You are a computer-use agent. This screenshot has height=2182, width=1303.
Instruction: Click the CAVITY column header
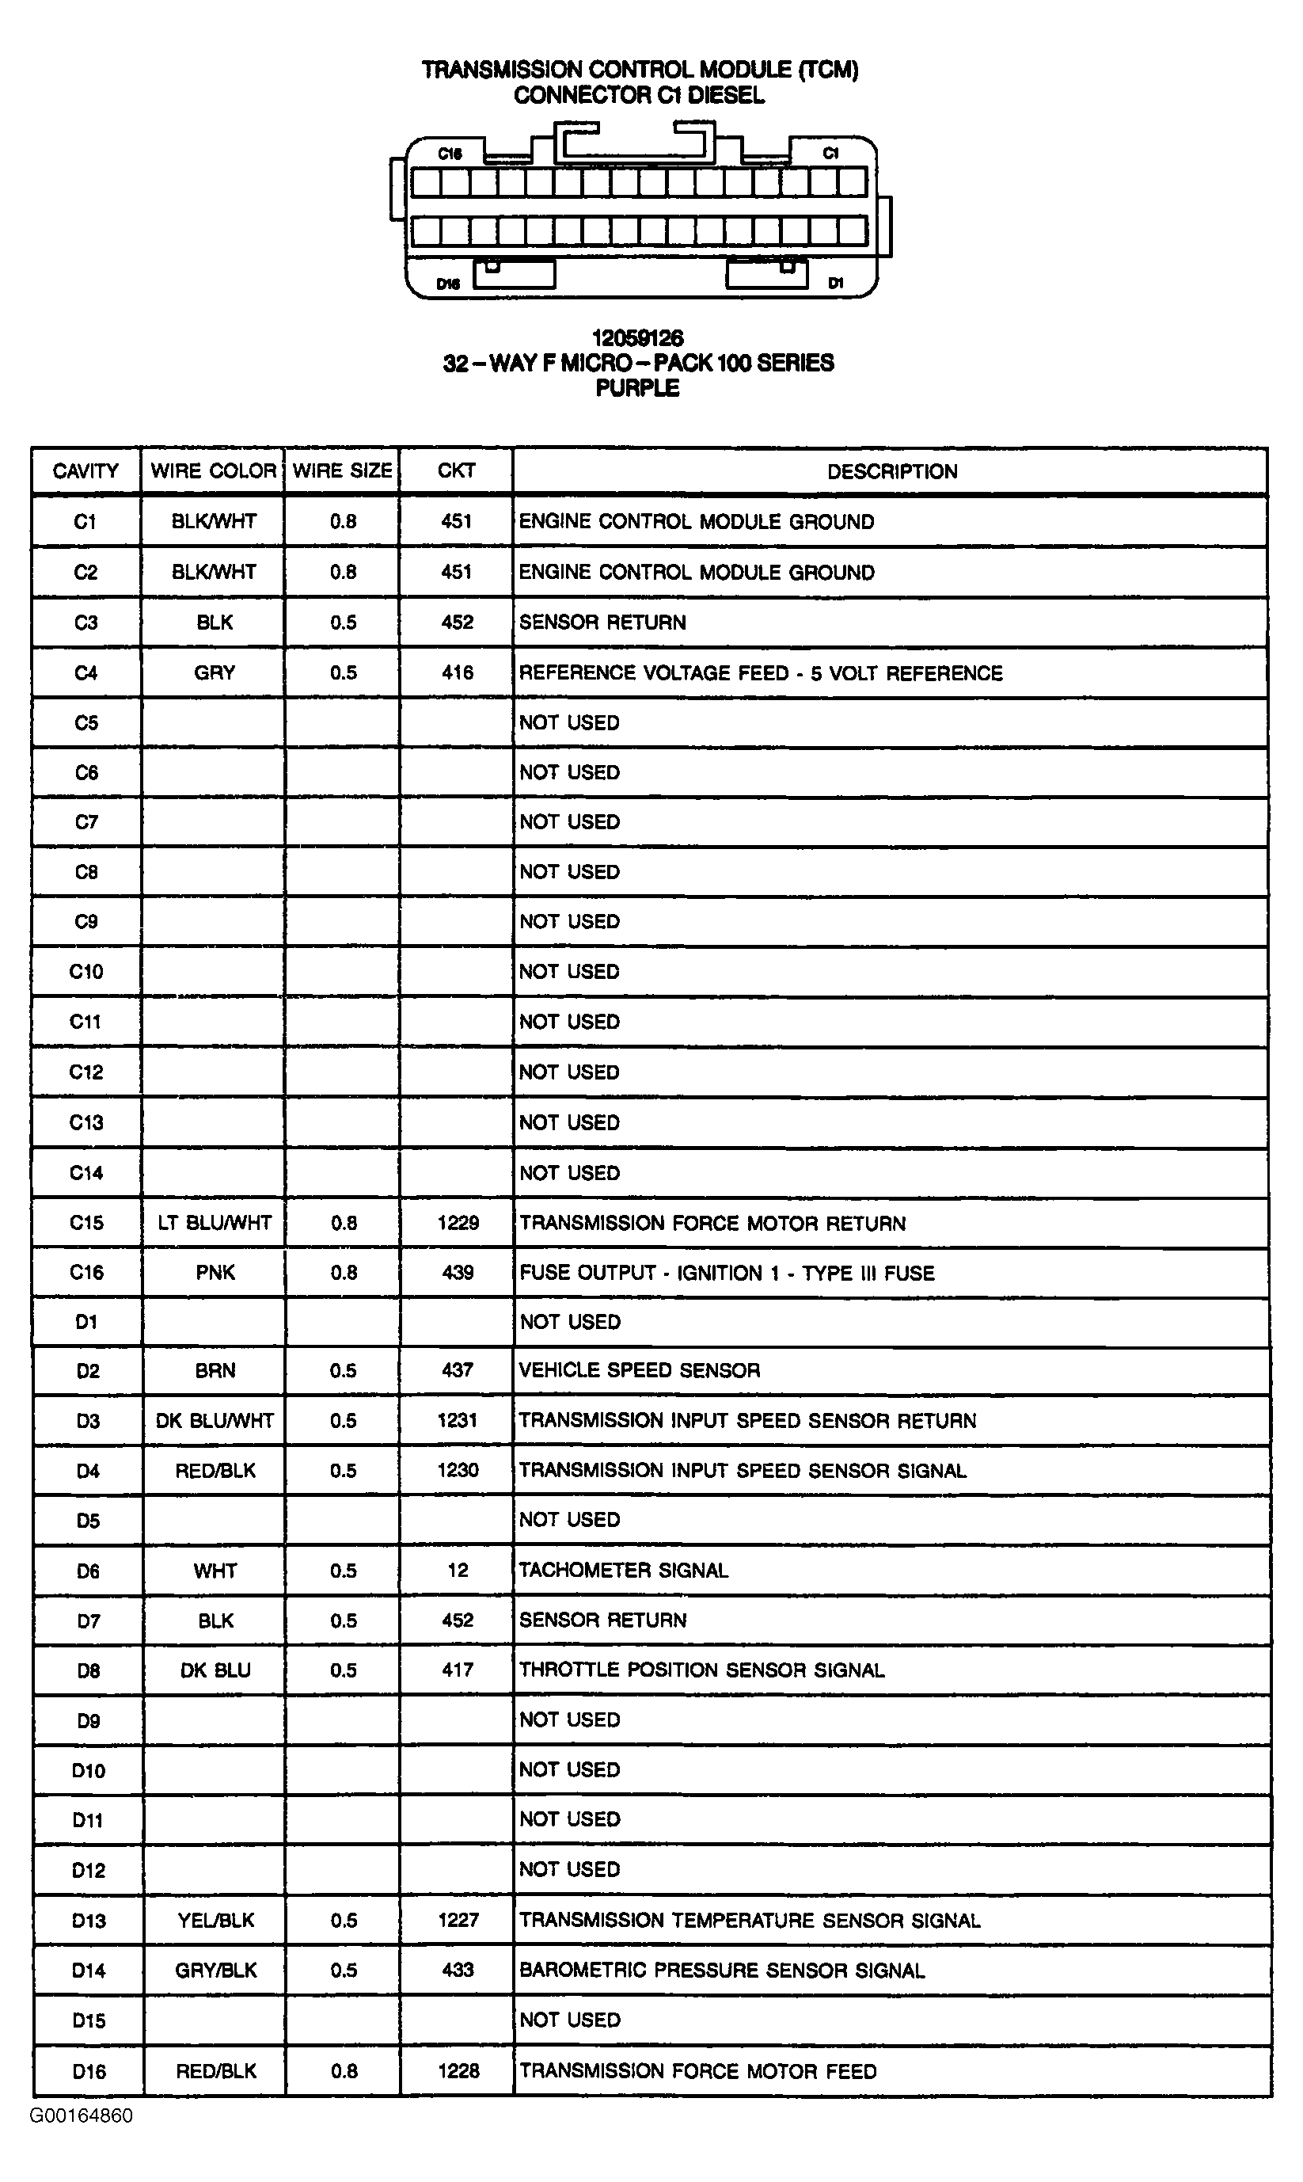point(85,470)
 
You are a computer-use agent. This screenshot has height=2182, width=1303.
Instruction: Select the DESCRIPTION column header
point(891,472)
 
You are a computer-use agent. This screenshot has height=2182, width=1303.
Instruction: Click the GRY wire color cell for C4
point(215,673)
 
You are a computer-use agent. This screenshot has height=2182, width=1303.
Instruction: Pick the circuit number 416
point(457,673)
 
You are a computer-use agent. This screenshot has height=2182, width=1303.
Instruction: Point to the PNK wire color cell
point(215,1272)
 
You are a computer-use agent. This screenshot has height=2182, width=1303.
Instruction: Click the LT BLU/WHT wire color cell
point(215,1222)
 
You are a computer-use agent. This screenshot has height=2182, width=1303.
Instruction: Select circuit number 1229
point(458,1222)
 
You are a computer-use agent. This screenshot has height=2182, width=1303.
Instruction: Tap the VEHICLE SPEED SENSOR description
point(639,1370)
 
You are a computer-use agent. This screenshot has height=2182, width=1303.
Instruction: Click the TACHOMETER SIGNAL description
point(624,1570)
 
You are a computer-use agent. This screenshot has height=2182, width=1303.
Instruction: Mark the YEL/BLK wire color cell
point(215,1920)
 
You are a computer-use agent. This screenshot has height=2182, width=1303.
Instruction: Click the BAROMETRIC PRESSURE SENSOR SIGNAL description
point(721,1971)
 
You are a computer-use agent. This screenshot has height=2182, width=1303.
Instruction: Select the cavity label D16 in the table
point(88,2071)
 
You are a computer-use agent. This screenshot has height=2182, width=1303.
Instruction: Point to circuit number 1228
point(458,2071)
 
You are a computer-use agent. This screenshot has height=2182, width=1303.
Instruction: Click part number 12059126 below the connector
point(636,338)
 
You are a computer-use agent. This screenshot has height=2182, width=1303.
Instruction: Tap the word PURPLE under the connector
point(637,388)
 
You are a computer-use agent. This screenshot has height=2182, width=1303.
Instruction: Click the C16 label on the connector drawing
point(450,154)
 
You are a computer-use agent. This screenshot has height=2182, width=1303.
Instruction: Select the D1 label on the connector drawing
point(835,283)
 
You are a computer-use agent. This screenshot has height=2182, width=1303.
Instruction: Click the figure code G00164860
point(82,2115)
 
